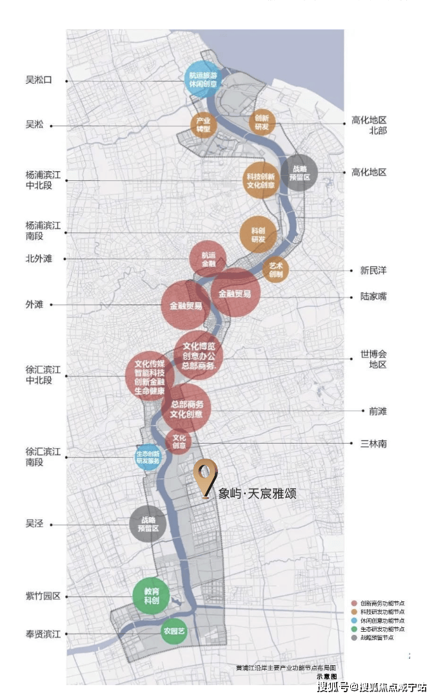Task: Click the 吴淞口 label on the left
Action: (39, 80)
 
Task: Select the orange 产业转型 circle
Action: (203, 124)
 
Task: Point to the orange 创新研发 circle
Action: (262, 122)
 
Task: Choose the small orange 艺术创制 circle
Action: (276, 270)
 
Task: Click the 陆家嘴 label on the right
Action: (373, 297)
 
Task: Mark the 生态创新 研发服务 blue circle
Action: (148, 457)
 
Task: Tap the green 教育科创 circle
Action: (151, 595)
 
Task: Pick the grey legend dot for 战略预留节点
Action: (353, 637)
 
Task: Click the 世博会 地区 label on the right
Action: (373, 359)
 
